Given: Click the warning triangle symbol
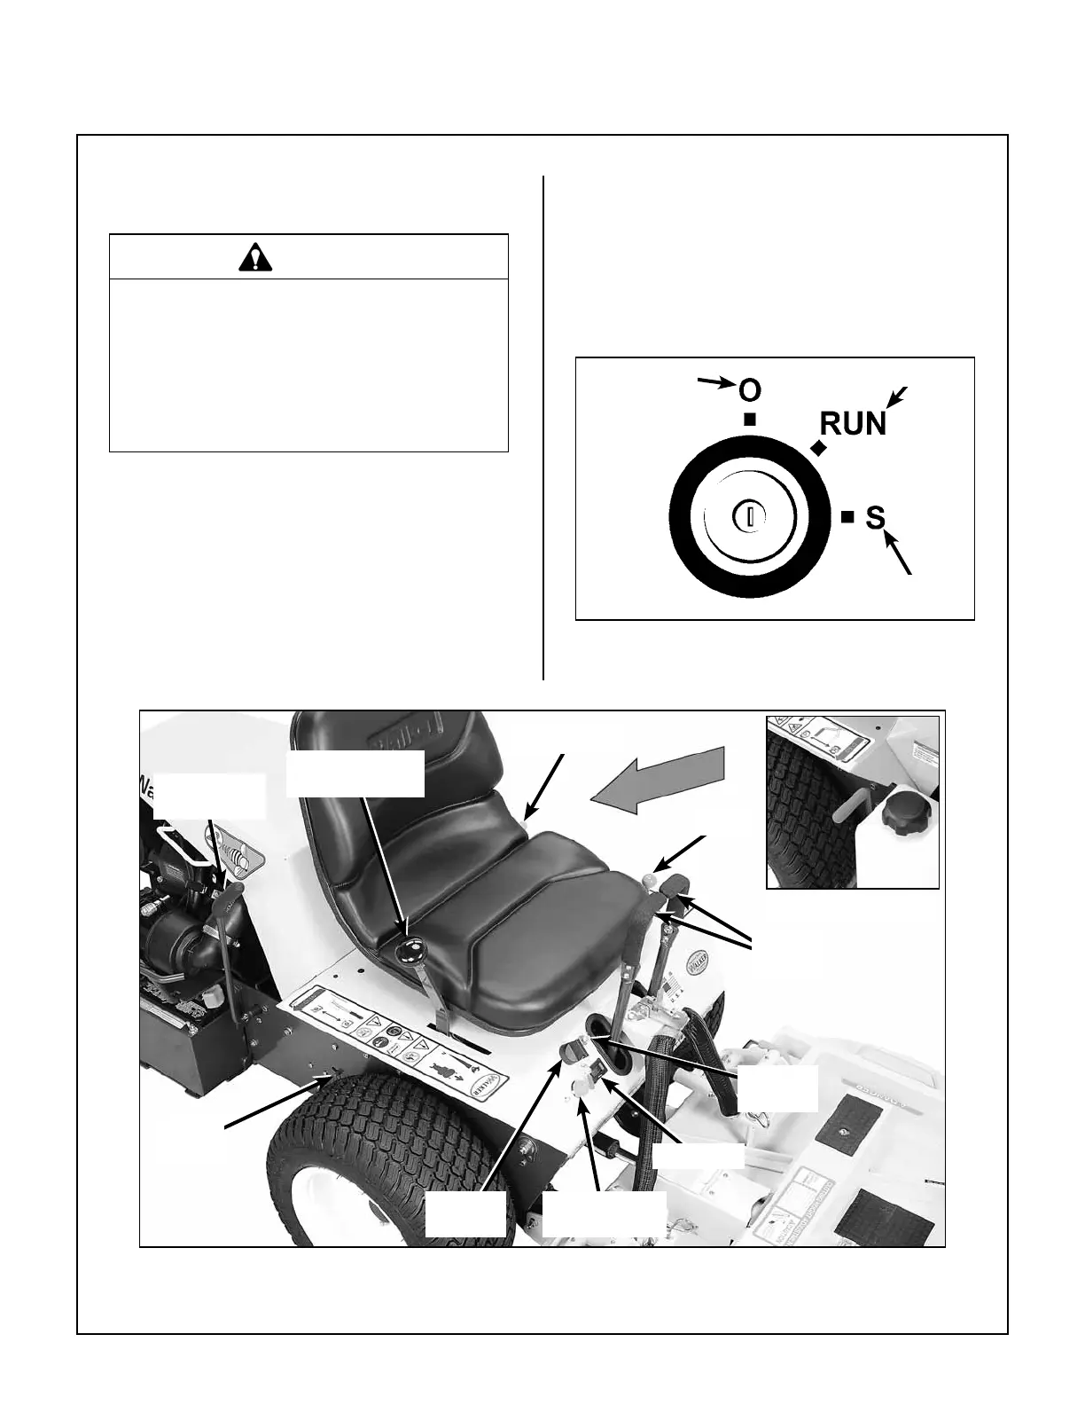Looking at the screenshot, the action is coord(256,257).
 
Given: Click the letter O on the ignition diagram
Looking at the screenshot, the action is coord(749,390).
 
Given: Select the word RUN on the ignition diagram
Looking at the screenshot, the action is coord(852,424).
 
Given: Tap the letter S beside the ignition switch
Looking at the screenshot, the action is coord(875,517).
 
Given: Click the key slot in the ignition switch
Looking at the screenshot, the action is coord(749,516).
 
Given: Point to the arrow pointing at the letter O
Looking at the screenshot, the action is coord(717,382).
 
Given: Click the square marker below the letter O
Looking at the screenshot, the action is coord(750,420).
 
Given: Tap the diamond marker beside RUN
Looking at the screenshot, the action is coord(818,450).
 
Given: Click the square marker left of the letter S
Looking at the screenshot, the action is coord(847,516).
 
